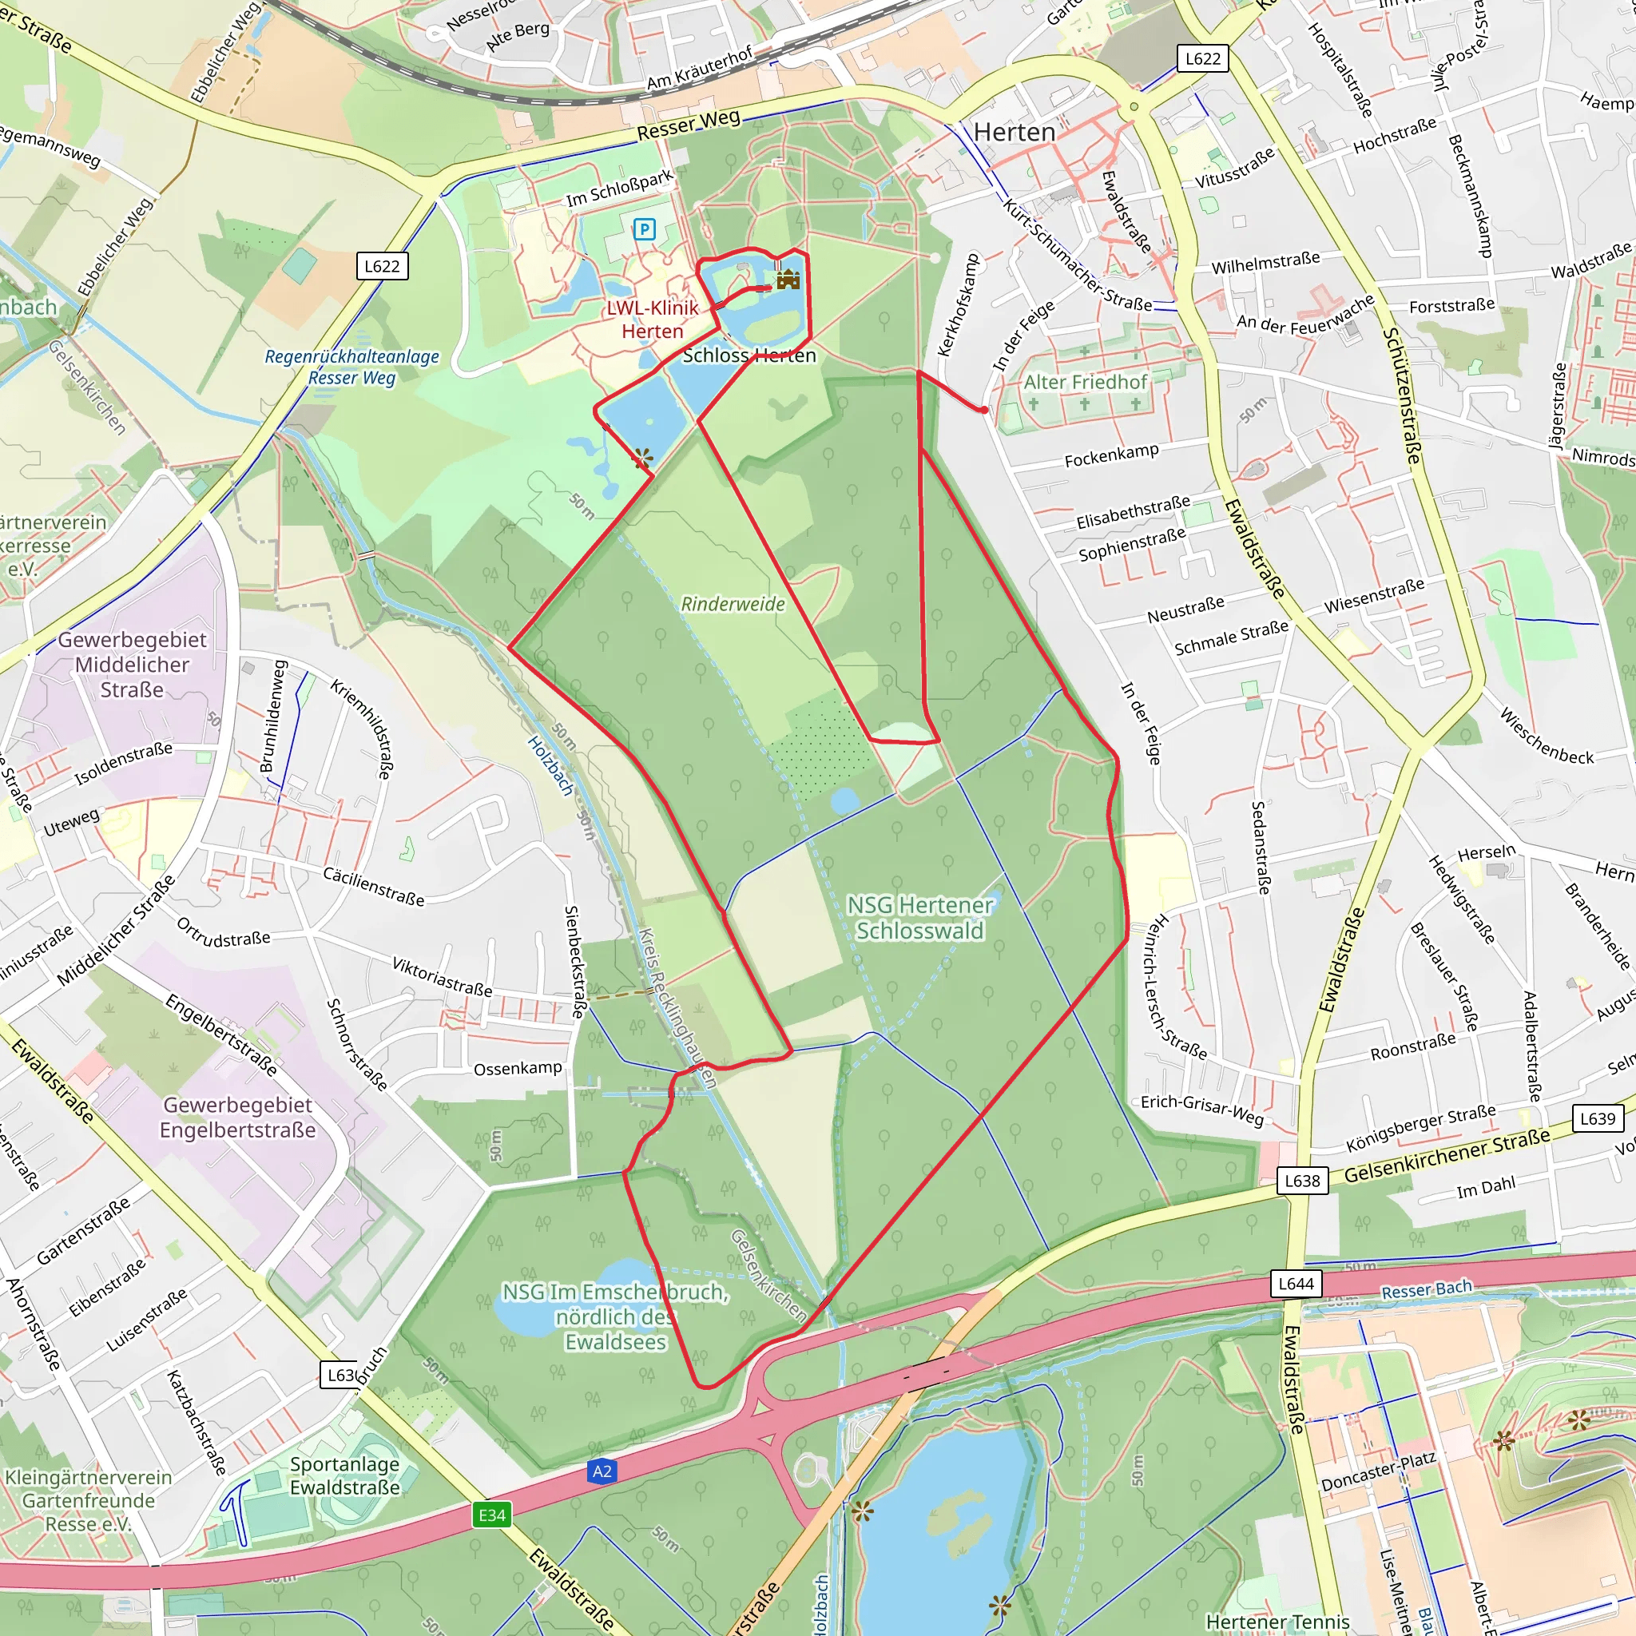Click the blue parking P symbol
point(645,228)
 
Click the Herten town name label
point(1014,132)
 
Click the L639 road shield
point(1597,1118)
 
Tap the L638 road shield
point(1302,1181)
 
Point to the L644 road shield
point(1296,1284)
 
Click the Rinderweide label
point(733,604)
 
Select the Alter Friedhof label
point(1085,382)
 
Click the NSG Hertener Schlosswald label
point(919,918)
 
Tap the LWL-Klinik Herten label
point(652,320)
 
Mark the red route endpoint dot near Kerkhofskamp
point(984,410)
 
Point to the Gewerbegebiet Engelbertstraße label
point(238,1117)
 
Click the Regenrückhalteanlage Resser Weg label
point(351,367)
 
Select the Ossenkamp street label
point(518,1069)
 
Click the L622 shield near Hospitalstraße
point(1202,58)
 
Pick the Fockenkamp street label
point(1111,455)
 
